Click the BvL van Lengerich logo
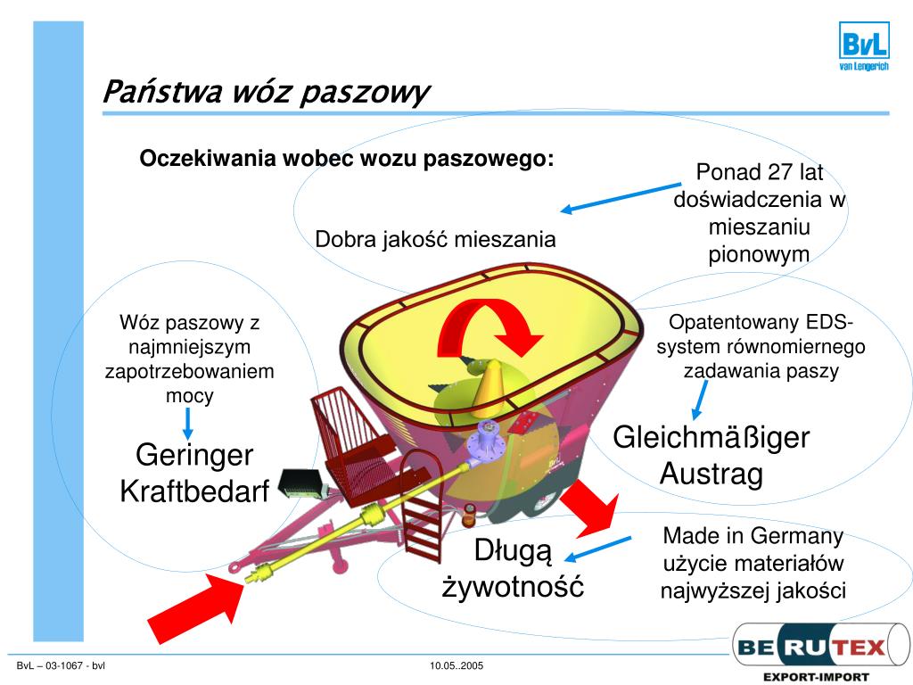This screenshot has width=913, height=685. [863, 46]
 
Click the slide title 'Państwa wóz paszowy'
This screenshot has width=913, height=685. [266, 91]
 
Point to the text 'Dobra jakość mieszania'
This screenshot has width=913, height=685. [435, 239]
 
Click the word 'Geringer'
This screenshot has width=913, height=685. [194, 455]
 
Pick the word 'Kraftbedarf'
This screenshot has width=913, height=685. [194, 491]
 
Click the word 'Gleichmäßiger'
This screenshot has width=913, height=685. [711, 437]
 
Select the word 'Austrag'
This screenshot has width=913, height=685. [711, 474]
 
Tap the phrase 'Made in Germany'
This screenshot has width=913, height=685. [753, 536]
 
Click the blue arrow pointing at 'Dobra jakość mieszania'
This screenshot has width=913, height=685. [620, 198]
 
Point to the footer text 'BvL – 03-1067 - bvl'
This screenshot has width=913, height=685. [62, 666]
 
